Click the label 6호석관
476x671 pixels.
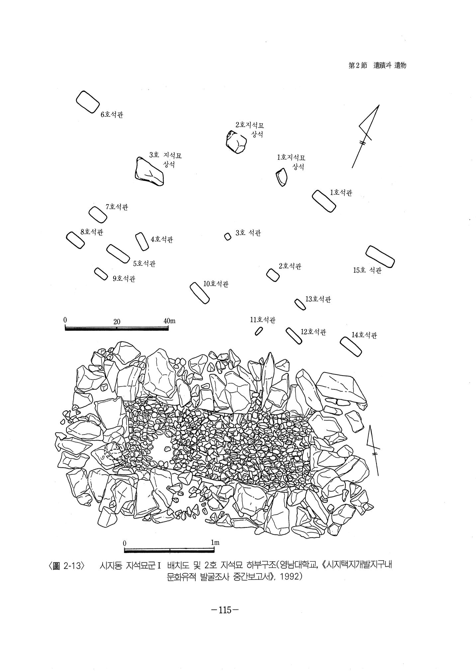pyautogui.click(x=112, y=115)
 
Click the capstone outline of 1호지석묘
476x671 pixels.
pyautogui.click(x=281, y=177)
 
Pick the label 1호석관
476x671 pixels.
pyautogui.click(x=341, y=193)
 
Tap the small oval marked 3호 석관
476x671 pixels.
pyautogui.click(x=228, y=237)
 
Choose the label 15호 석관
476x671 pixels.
pyautogui.click(x=367, y=270)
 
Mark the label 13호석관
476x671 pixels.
pyautogui.click(x=318, y=299)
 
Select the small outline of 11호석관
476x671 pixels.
pyautogui.click(x=259, y=331)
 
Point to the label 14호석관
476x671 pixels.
pyautogui.click(x=364, y=335)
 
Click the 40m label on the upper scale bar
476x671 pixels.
pyautogui.click(x=169, y=321)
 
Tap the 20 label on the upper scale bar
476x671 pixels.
pyautogui.click(x=117, y=322)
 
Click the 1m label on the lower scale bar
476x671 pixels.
pyautogui.click(x=215, y=543)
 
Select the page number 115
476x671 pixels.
pyautogui.click(x=225, y=610)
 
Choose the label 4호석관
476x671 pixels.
pyautogui.click(x=162, y=239)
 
